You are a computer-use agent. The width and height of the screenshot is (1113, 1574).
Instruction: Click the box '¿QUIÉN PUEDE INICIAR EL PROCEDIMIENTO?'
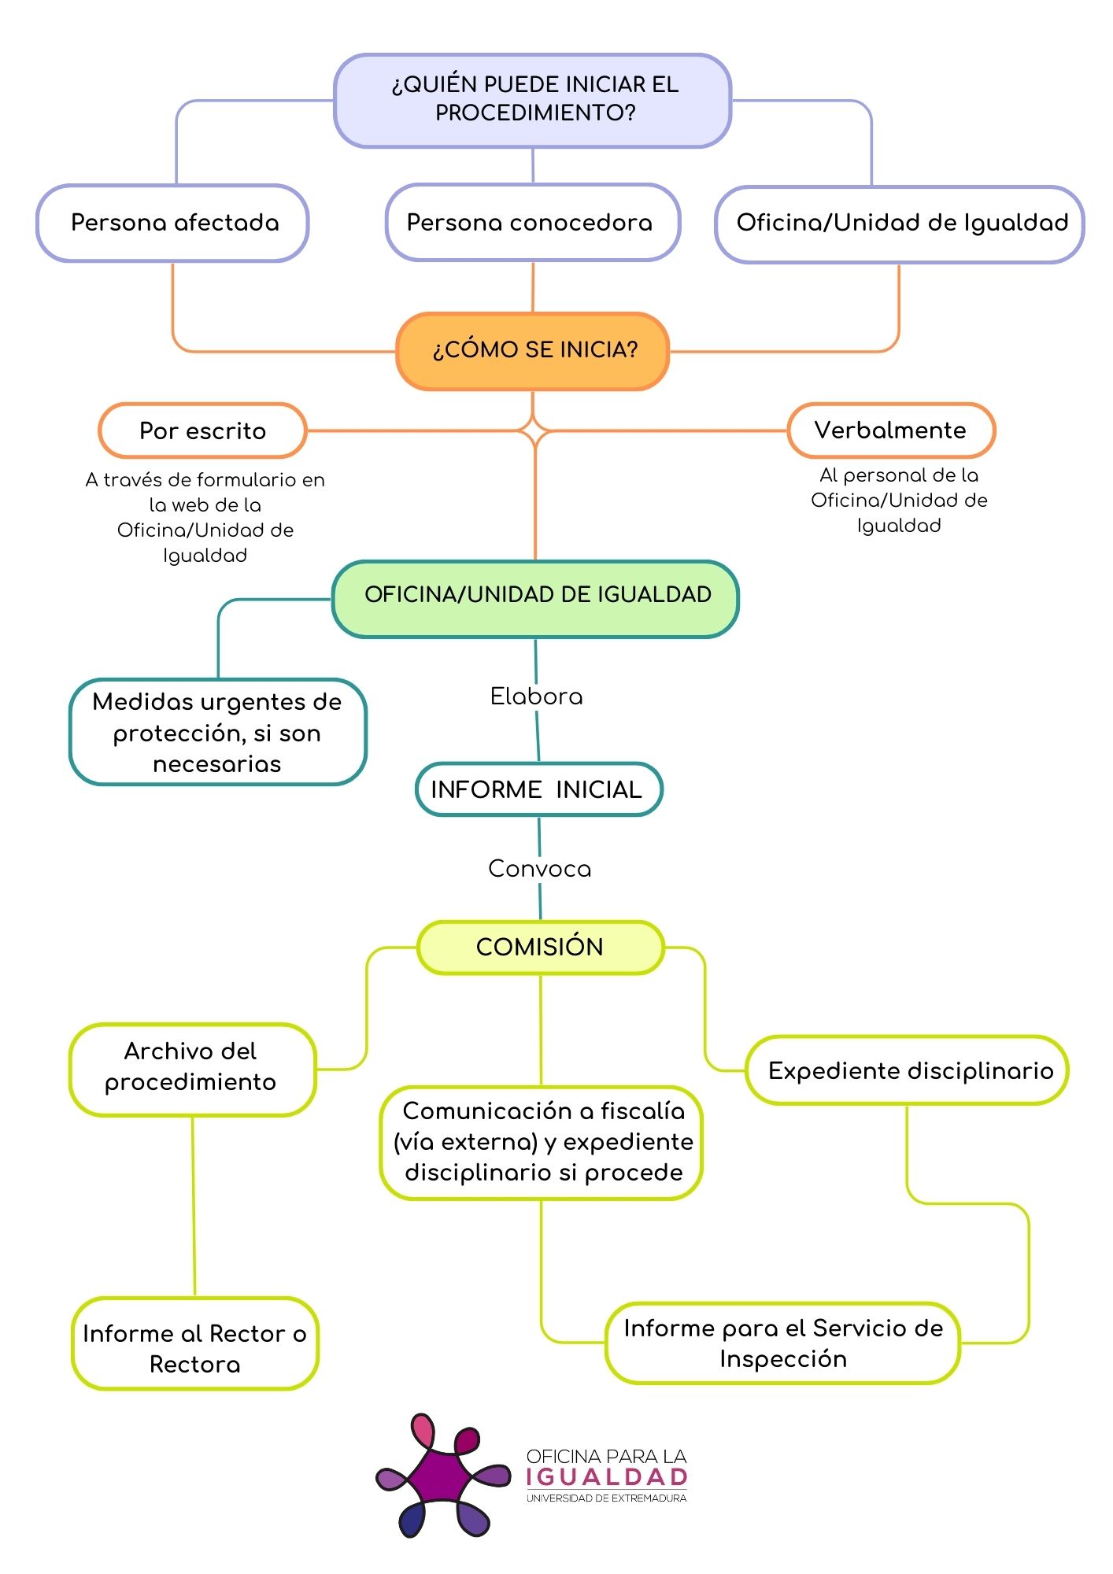tap(533, 100)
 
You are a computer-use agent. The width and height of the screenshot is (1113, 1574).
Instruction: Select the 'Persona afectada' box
tap(172, 223)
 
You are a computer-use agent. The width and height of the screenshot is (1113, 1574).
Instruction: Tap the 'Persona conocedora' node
tap(532, 223)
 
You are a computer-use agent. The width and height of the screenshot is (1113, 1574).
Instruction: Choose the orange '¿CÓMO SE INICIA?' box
tap(533, 351)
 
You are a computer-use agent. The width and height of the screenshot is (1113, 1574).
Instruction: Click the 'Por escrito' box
tap(202, 430)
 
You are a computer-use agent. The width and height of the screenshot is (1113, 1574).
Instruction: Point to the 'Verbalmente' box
tap(891, 430)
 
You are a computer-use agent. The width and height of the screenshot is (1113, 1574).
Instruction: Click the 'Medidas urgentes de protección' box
tap(218, 732)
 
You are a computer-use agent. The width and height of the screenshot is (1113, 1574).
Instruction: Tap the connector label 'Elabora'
tap(536, 696)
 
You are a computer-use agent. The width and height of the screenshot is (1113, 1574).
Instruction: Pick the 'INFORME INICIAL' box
tap(538, 789)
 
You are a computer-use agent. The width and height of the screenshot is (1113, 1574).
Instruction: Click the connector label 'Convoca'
tap(539, 869)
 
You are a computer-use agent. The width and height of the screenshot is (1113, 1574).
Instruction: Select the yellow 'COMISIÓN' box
tap(540, 947)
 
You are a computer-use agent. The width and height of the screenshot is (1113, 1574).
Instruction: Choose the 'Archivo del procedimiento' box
tap(192, 1069)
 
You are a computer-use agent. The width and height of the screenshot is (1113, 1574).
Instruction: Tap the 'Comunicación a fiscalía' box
tap(542, 1143)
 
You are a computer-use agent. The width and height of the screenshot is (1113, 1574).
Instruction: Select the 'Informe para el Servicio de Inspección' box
tap(782, 1343)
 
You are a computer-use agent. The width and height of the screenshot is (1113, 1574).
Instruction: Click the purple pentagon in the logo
tap(442, 1477)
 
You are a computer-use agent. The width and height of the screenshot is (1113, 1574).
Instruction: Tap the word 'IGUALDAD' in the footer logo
tap(606, 1477)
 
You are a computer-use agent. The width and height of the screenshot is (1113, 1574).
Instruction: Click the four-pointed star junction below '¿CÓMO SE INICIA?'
tap(534, 431)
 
